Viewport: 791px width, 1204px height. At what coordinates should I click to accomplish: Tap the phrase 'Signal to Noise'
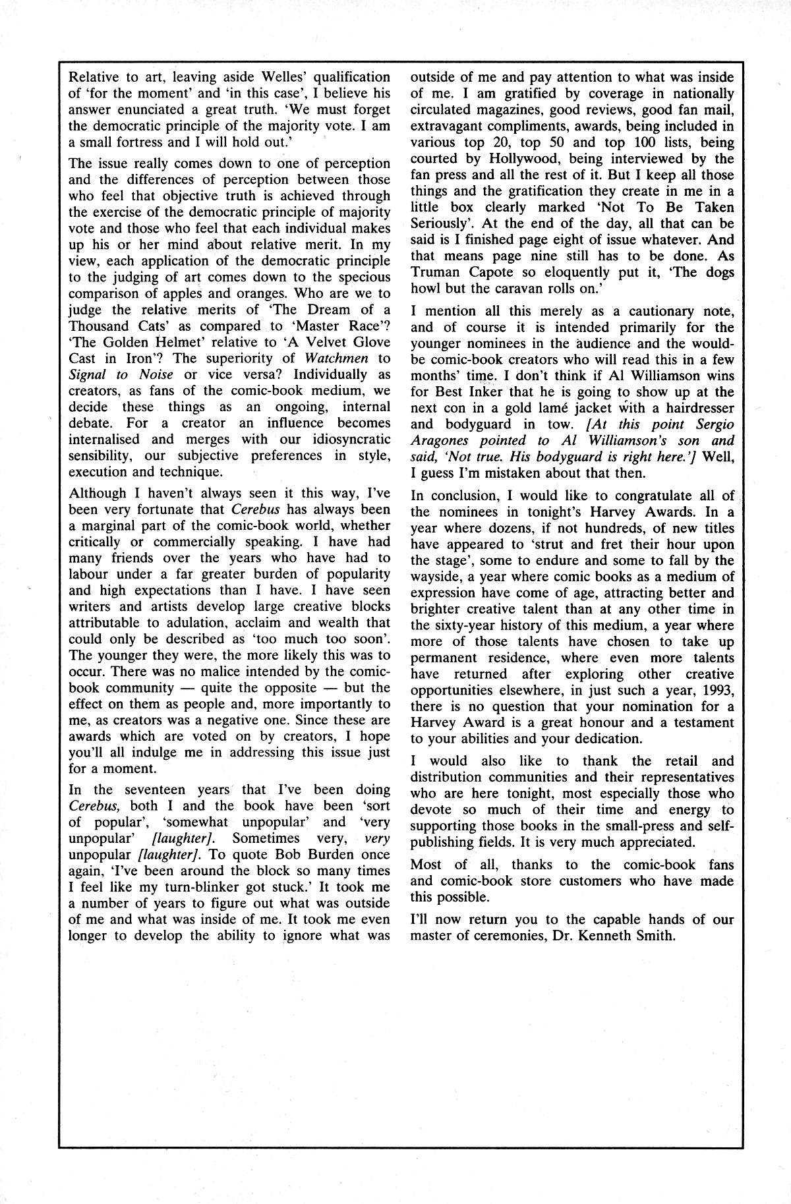coord(121,374)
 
